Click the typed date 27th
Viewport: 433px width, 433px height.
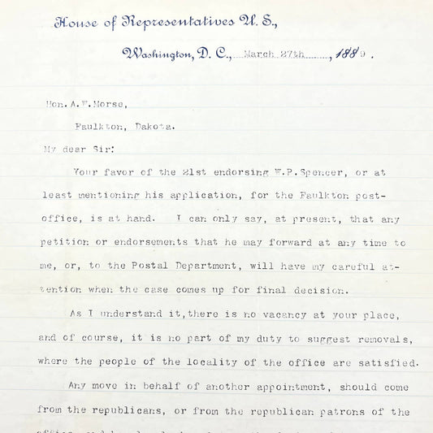pos(302,56)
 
